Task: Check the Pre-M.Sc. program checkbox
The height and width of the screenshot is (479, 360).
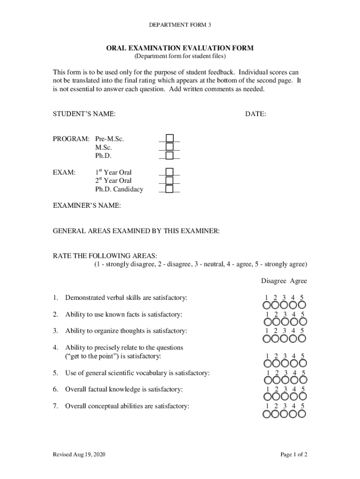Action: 170,138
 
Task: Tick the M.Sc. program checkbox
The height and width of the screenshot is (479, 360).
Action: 170,147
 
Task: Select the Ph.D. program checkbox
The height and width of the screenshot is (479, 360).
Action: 170,155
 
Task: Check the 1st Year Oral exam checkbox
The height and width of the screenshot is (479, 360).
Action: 170,172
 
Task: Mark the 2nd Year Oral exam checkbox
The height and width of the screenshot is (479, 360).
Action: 170,181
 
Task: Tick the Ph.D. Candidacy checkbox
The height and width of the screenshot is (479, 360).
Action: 170,189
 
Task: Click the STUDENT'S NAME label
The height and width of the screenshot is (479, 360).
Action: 84,114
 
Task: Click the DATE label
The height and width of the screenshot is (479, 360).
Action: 255,114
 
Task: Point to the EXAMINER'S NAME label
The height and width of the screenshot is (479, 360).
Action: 86,206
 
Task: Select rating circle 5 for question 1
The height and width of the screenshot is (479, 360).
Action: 302,305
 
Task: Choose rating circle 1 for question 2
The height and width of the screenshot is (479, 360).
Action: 268,322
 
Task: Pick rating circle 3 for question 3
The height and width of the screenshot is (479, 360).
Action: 285,339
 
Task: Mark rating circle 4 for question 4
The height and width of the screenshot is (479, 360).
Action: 294,364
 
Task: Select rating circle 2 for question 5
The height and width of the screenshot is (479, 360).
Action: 277,381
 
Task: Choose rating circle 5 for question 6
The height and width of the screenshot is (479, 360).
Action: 302,397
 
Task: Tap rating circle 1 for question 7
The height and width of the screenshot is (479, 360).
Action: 268,414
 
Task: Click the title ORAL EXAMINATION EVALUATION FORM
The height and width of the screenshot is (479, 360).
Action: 180,48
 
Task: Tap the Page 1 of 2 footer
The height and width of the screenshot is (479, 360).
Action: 294,455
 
